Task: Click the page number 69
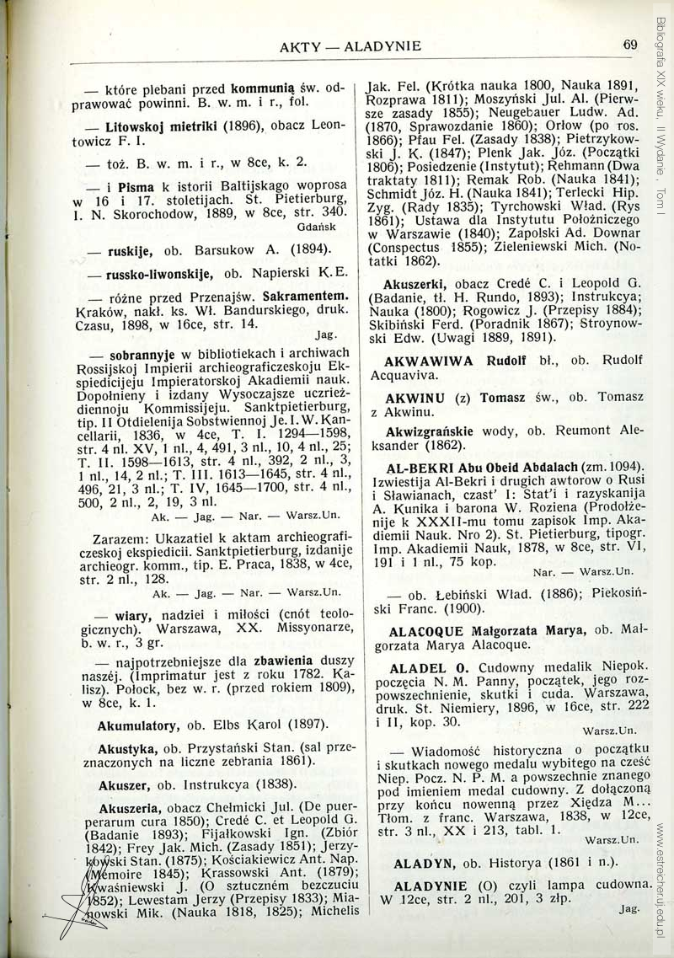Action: tap(631, 45)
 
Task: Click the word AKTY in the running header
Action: tap(298, 45)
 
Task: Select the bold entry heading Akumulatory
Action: tap(136, 725)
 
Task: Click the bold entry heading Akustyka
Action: tap(126, 747)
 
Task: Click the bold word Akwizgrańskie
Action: tap(428, 431)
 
